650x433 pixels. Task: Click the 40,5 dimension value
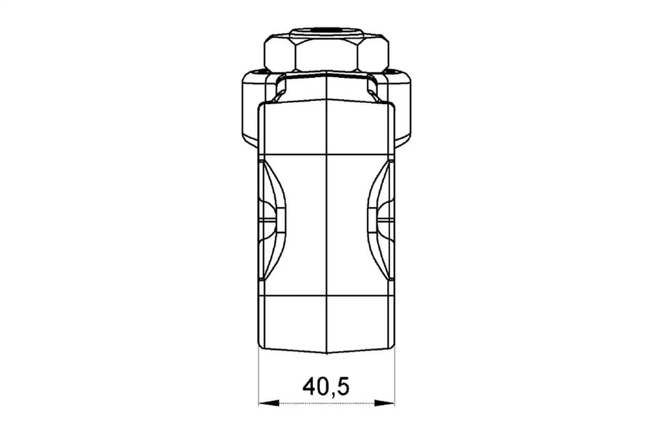point(326,387)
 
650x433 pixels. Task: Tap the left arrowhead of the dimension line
point(269,403)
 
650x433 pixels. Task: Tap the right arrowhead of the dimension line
point(385,403)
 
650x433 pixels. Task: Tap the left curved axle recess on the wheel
point(273,220)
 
